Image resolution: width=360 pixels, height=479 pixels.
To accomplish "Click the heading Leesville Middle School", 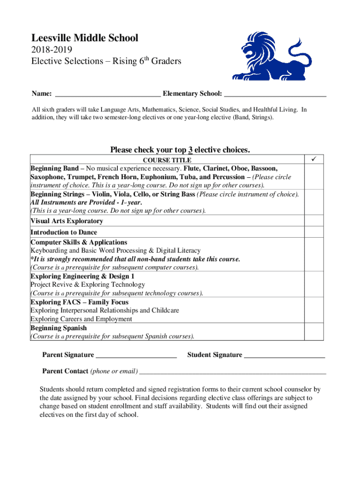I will pyautogui.click(x=85, y=38).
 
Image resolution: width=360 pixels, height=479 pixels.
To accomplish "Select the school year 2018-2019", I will pyautogui.click(x=51, y=50).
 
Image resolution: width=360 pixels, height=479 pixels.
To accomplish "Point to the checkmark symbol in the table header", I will pyautogui.click(x=314, y=160).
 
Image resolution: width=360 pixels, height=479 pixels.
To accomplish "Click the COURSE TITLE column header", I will pyautogui.click(x=167, y=160).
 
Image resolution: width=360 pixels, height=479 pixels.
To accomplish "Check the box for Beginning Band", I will pyautogui.click(x=314, y=177).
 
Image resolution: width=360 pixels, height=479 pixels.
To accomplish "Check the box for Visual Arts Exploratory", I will pyautogui.click(x=314, y=221).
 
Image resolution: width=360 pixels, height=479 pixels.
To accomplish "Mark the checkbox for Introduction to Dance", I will pyautogui.click(x=314, y=232).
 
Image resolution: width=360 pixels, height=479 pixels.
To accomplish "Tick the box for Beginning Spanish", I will pyautogui.click(x=314, y=332).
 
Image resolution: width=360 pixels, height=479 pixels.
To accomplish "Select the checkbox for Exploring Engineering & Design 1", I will pyautogui.click(x=314, y=284).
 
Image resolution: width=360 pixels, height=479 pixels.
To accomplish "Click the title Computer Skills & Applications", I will pyautogui.click(x=79, y=242).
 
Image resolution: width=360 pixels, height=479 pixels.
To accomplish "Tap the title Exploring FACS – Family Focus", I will pyautogui.click(x=79, y=302).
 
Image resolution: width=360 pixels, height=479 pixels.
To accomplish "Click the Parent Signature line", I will pyautogui.click(x=136, y=356).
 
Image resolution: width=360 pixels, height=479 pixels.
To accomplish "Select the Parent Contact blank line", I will pyautogui.click(x=232, y=372).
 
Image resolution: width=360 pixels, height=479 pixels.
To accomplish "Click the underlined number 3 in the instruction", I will pyautogui.click(x=190, y=150).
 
